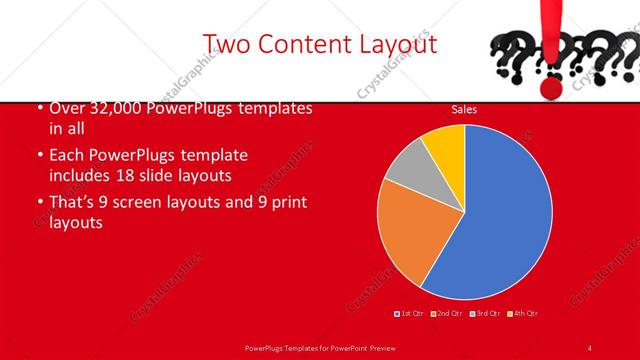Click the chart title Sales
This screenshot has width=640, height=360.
click(x=464, y=109)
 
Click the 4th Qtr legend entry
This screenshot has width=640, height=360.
click(x=524, y=313)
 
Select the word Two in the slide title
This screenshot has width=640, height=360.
click(x=227, y=44)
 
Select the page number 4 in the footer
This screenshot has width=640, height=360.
click(x=590, y=347)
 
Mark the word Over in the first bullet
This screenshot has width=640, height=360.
click(x=66, y=108)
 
